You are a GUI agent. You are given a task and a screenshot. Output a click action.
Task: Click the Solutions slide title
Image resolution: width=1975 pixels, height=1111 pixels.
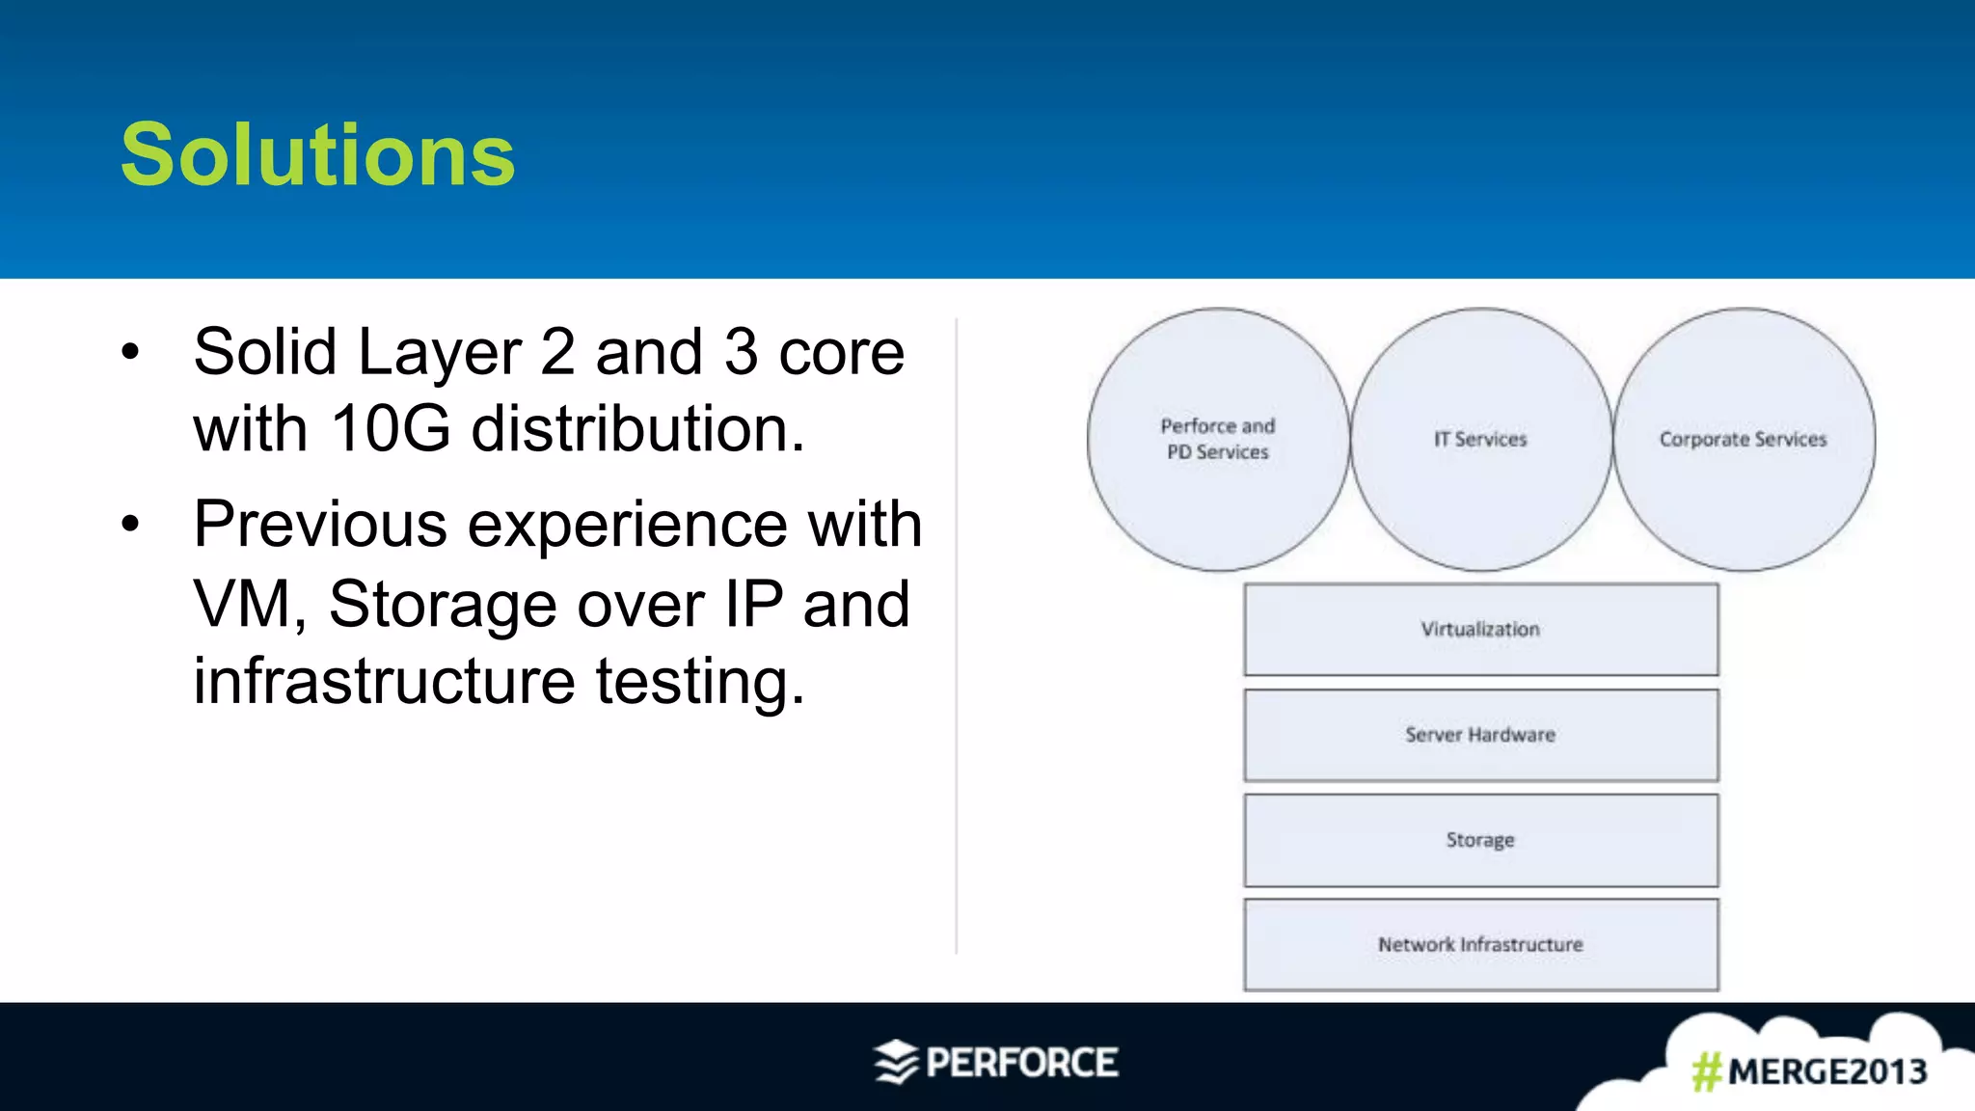click(318, 155)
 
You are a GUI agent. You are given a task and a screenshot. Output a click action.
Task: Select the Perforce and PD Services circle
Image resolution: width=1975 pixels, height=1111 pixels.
click(1218, 439)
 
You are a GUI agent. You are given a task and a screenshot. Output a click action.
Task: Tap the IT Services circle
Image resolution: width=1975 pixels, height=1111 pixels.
click(1480, 439)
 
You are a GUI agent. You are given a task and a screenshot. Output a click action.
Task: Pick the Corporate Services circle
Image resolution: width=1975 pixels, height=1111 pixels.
click(1744, 439)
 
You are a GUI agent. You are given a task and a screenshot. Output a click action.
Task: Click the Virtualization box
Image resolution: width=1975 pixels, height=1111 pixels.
click(1480, 629)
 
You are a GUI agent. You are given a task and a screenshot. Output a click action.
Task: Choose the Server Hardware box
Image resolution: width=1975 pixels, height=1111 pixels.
click(1480, 735)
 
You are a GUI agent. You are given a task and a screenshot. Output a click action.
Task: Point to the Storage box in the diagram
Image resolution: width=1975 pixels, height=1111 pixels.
click(1480, 840)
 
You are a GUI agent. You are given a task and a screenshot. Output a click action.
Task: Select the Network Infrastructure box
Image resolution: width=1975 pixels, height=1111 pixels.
click(1480, 945)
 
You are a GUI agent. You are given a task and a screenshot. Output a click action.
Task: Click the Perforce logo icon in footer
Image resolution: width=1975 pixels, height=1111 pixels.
click(896, 1063)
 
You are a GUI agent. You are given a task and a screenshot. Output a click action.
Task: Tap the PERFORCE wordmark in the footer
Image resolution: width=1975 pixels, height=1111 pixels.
click(1022, 1063)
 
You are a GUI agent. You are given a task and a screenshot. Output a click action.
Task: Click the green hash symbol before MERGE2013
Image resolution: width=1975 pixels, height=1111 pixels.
click(1707, 1071)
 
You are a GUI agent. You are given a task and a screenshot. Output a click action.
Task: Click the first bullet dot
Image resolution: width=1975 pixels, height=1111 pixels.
click(131, 352)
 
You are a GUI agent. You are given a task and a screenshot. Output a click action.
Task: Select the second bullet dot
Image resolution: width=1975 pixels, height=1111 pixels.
click(131, 526)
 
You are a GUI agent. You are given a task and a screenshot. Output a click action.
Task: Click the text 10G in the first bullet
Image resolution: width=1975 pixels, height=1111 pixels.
click(390, 428)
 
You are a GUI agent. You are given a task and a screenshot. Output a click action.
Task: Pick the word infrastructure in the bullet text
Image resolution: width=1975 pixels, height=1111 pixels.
click(384, 681)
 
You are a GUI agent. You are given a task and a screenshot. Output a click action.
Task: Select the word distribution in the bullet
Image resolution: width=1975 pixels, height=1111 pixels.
click(636, 428)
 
